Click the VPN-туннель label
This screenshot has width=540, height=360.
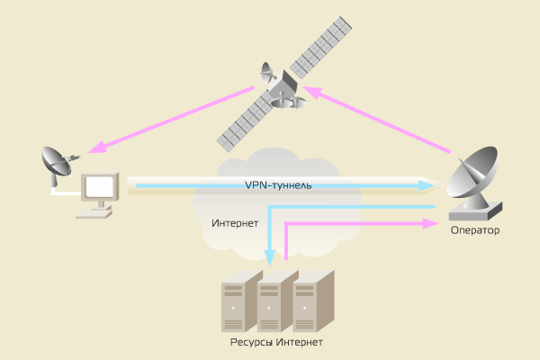click(278, 185)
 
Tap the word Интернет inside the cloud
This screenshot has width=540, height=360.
click(235, 222)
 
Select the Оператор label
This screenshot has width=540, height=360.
click(475, 231)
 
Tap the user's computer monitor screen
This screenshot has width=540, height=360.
click(99, 187)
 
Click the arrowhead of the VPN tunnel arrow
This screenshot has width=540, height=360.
click(428, 185)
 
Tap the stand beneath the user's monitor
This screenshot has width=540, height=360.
click(96, 213)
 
